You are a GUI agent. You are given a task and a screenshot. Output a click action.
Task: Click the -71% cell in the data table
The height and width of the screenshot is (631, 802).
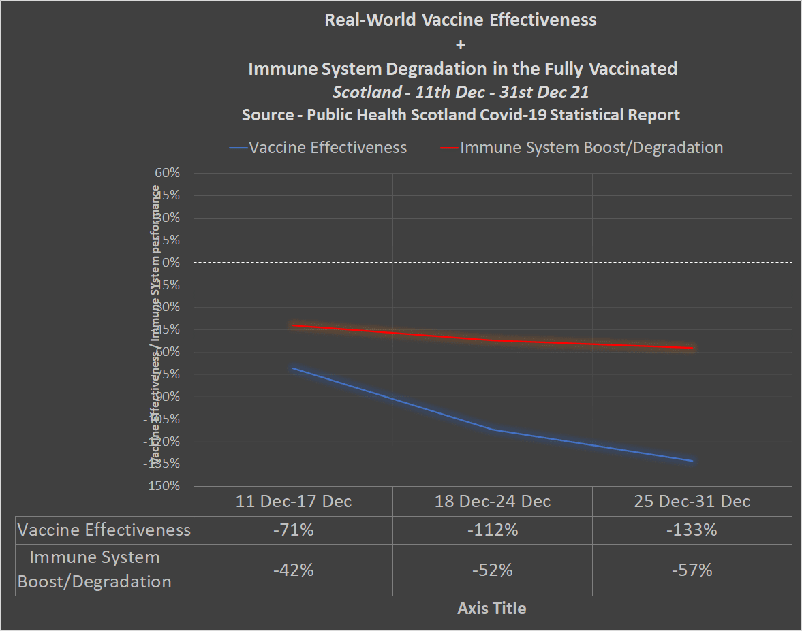pyautogui.click(x=293, y=530)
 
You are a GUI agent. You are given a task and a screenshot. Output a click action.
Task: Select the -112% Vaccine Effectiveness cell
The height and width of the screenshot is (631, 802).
pyautogui.click(x=493, y=530)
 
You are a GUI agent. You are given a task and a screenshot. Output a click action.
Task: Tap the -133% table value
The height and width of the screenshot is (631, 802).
pyautogui.click(x=692, y=530)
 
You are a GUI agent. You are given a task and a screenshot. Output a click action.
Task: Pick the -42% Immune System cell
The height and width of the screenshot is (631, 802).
pyautogui.click(x=293, y=570)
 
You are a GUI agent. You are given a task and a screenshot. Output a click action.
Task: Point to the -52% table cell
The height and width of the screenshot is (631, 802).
pyautogui.click(x=493, y=570)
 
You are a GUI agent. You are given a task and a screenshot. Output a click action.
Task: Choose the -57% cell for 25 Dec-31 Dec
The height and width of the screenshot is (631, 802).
pyautogui.click(x=692, y=570)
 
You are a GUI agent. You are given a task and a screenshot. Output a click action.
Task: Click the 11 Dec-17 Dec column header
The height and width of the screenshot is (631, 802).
pyautogui.click(x=294, y=502)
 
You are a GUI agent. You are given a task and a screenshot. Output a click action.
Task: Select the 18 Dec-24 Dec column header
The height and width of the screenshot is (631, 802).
pyautogui.click(x=493, y=502)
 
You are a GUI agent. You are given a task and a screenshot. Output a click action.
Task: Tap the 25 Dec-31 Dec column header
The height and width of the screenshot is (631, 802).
pyautogui.click(x=692, y=502)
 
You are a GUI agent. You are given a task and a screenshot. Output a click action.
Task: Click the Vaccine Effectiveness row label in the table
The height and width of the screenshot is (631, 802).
pyautogui.click(x=104, y=530)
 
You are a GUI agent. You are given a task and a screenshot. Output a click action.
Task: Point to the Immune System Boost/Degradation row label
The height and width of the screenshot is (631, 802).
pyautogui.click(x=95, y=570)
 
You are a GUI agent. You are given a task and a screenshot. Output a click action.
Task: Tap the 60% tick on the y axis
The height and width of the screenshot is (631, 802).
pyautogui.click(x=167, y=173)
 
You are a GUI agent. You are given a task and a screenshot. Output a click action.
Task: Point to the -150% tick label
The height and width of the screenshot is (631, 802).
pyautogui.click(x=161, y=486)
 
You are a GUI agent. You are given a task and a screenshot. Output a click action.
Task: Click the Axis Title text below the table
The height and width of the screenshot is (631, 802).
pyautogui.click(x=492, y=608)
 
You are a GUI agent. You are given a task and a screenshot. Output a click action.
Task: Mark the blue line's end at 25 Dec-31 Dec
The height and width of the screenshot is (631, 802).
pyautogui.click(x=692, y=461)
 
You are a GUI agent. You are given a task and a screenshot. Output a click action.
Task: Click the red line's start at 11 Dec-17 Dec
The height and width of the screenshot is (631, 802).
pyautogui.click(x=293, y=325)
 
